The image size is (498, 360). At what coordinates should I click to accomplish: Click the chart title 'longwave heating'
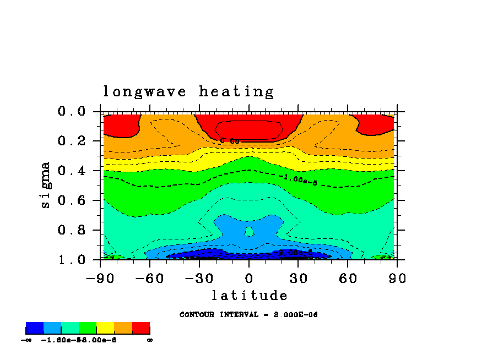point(188,91)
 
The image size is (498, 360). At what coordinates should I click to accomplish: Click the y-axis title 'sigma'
point(46,184)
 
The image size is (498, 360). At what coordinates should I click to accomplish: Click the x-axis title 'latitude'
point(249,296)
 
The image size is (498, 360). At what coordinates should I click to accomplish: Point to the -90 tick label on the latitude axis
point(100,278)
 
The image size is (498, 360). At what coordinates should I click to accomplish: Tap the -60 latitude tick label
point(150,278)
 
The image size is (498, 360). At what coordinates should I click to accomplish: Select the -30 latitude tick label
point(199,278)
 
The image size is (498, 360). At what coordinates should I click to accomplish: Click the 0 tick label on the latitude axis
point(249,278)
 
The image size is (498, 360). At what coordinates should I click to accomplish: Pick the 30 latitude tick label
point(299,278)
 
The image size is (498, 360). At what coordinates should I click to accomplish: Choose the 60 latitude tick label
point(348,278)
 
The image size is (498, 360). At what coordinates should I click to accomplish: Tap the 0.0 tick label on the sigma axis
point(72,112)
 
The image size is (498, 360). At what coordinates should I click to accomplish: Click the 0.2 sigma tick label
point(72,141)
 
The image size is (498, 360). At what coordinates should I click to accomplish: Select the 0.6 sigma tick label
point(72,200)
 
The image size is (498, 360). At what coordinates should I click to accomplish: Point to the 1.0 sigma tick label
point(72,259)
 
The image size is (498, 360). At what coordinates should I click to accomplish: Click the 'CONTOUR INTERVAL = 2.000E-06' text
point(249,315)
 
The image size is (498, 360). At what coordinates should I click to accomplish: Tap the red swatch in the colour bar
point(141,329)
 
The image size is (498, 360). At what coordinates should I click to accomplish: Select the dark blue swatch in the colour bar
point(35,329)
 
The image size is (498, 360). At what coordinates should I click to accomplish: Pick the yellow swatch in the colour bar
point(105,329)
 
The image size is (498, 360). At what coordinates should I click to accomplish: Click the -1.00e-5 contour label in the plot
point(298,179)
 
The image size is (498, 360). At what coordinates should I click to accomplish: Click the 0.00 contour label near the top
point(230,141)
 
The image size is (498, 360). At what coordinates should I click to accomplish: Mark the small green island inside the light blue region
point(249,231)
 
